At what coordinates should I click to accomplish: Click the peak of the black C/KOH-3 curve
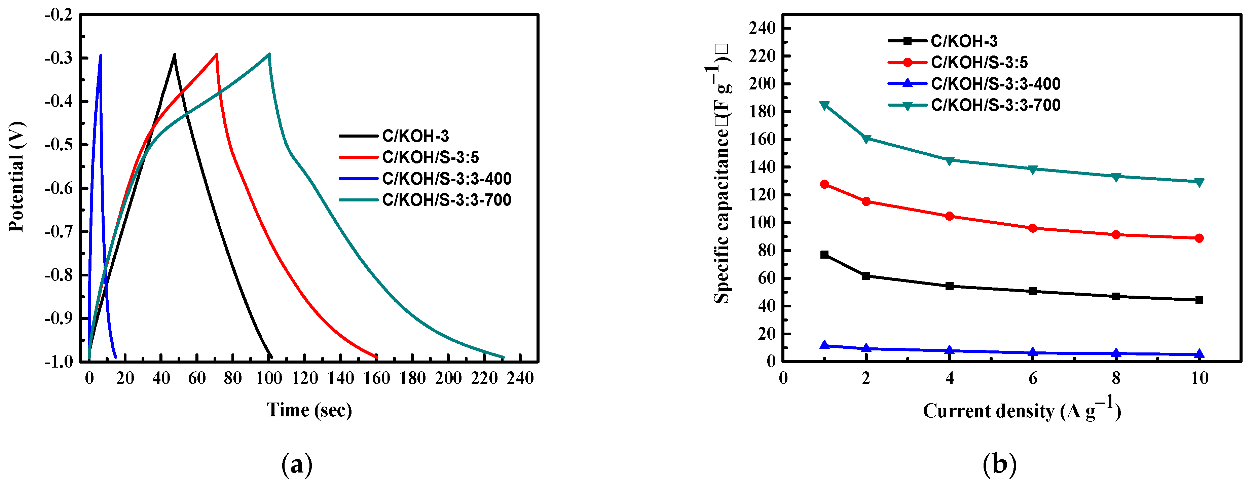tap(174, 54)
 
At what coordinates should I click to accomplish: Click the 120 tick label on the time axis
tap(304, 378)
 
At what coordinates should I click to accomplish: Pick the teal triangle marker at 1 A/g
tap(824, 105)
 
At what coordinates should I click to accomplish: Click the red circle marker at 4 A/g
tap(949, 216)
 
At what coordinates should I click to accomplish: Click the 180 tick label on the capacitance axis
tap(762, 112)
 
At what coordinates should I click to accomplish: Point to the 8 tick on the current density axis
tap(1116, 378)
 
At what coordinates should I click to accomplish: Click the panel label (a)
tap(297, 464)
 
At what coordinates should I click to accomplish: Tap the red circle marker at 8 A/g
tap(1116, 234)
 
